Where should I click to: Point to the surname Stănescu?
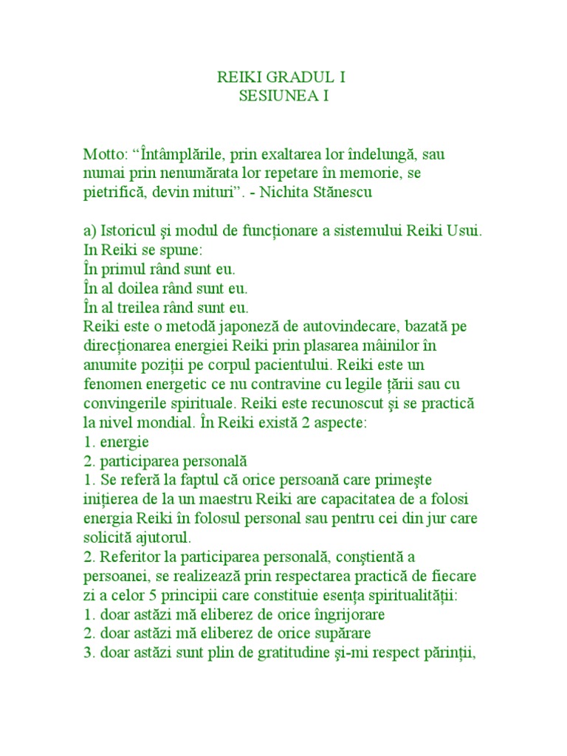[x=360, y=193]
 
